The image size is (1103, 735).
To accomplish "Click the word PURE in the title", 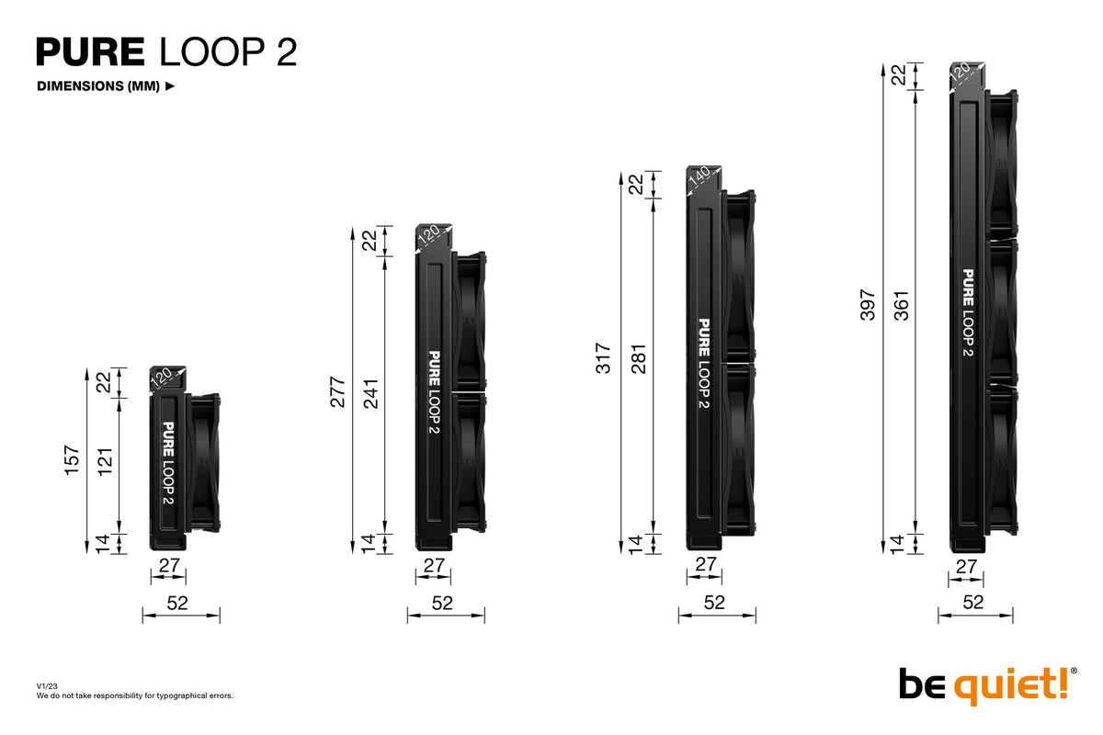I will (x=90, y=52).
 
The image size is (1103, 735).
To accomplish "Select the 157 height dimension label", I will (x=73, y=460).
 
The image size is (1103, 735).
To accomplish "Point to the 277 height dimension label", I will (x=337, y=391).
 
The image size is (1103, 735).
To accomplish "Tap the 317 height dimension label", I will (x=603, y=357).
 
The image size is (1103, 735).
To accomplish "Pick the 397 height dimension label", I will (x=868, y=305).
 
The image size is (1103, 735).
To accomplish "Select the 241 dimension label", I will (x=370, y=393).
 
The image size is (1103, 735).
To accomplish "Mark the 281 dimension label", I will (x=637, y=358).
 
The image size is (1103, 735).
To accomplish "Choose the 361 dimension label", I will (x=902, y=306).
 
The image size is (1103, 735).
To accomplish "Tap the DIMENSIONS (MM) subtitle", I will (x=98, y=86).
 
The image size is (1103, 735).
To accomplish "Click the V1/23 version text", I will (x=46, y=686).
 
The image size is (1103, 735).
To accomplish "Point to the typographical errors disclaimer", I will (x=134, y=695).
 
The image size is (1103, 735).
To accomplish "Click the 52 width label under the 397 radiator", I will (x=973, y=602).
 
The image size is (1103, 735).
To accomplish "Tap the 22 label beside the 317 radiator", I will (x=636, y=185).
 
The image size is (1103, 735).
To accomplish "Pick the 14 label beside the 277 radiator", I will (x=370, y=543).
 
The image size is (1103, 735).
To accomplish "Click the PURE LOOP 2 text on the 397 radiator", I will (x=968, y=312).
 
